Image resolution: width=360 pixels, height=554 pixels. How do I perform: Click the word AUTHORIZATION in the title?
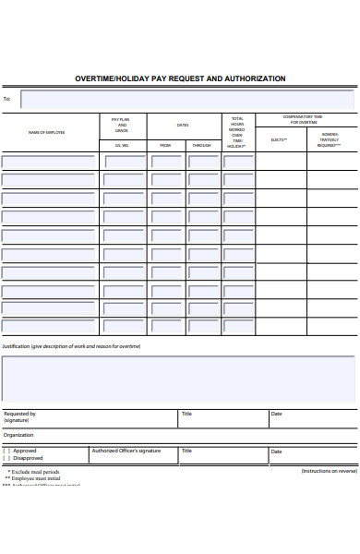(x=252, y=79)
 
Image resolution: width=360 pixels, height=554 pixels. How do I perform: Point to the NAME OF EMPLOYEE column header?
(x=47, y=133)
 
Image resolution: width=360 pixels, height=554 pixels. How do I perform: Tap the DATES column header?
(x=183, y=125)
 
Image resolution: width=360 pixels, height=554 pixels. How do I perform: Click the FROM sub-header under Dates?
(x=165, y=146)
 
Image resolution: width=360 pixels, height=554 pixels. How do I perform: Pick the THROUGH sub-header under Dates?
(x=201, y=146)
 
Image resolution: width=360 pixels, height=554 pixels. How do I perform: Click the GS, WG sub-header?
(x=122, y=146)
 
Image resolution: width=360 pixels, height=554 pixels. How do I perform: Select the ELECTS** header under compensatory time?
(x=279, y=139)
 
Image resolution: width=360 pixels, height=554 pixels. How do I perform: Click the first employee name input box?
(x=48, y=162)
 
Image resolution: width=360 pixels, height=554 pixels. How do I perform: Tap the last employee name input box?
(x=48, y=326)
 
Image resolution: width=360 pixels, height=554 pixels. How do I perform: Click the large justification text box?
(x=178, y=379)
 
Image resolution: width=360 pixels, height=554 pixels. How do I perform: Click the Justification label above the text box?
(x=71, y=346)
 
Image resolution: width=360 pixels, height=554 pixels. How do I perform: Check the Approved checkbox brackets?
(x=6, y=451)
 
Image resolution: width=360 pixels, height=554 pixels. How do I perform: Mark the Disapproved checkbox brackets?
(x=6, y=457)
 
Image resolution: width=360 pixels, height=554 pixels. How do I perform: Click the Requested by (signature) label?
(x=19, y=417)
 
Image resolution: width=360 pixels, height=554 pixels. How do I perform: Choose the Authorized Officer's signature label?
(x=126, y=451)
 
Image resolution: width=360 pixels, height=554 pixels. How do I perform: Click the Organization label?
(x=18, y=435)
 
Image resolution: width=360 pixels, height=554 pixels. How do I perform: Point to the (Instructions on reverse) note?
(x=329, y=471)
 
